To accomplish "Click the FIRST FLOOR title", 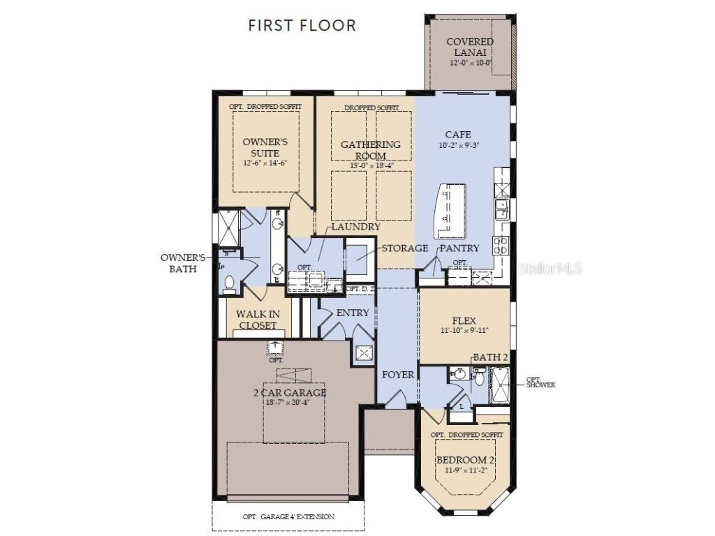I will coord(302,26).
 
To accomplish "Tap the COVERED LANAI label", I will coord(469,47).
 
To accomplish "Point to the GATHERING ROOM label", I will coord(371,150).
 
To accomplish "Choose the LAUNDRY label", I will coord(356,227).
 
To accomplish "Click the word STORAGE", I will coord(404,248).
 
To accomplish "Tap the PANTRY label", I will coord(459,248).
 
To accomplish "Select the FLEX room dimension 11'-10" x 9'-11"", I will coord(464,330).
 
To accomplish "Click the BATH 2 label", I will coord(490,357).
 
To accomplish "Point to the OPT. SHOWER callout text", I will coord(540,382).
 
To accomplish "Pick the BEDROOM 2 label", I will coord(466,461).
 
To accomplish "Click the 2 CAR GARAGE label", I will coord(289,392).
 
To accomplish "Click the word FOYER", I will coord(398,375).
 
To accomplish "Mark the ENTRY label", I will coord(353,313).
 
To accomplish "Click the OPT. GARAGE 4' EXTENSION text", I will coord(288,517).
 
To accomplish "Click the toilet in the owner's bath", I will coord(229,283).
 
